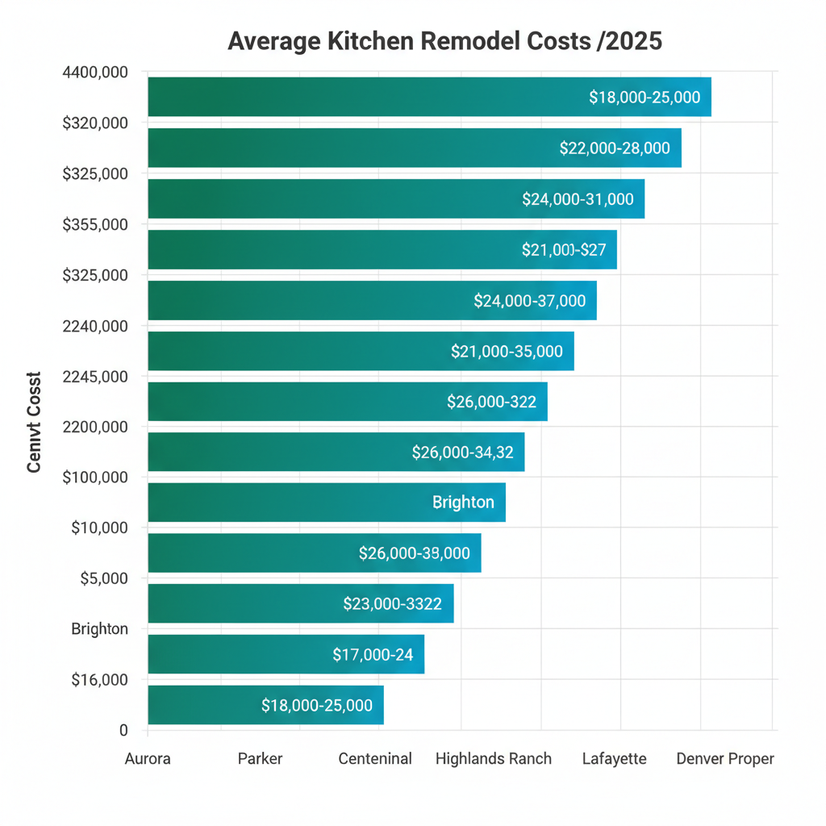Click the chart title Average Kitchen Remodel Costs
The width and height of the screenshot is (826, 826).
(x=444, y=42)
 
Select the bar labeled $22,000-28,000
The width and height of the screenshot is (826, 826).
(x=415, y=148)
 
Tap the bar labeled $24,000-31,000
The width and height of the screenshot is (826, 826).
(x=395, y=198)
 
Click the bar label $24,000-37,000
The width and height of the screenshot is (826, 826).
(x=529, y=301)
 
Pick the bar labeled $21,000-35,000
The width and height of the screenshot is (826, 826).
(x=361, y=351)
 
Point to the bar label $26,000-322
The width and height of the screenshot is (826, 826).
(x=491, y=402)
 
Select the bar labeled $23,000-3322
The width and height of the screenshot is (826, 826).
(x=300, y=603)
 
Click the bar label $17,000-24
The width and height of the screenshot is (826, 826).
(x=373, y=655)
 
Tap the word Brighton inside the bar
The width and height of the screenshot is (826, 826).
(x=463, y=502)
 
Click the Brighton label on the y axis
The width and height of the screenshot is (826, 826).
(x=99, y=628)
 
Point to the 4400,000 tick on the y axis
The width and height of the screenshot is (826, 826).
(x=94, y=73)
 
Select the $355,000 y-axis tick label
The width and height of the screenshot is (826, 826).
(x=94, y=224)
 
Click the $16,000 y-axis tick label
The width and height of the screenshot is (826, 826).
(x=99, y=679)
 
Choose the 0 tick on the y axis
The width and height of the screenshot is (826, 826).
(x=123, y=730)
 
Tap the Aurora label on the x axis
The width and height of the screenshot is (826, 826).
(x=148, y=759)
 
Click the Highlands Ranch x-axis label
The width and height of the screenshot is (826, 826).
(x=493, y=759)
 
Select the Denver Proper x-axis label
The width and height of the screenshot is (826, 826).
(x=724, y=759)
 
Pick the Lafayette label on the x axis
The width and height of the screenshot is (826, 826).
(x=614, y=759)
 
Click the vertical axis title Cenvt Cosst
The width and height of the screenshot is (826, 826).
(x=34, y=422)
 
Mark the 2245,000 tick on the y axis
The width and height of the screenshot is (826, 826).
(x=94, y=376)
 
